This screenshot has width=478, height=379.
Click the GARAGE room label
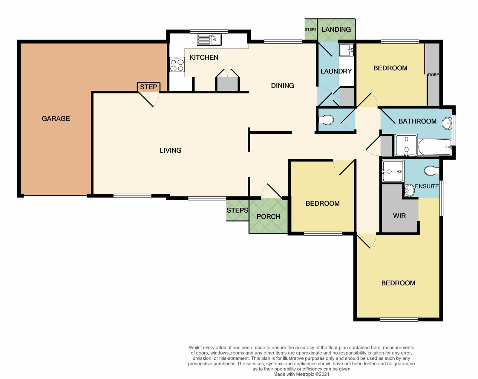point(56,118)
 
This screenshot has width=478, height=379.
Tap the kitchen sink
point(209,40)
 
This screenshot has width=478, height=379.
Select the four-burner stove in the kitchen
point(177,64)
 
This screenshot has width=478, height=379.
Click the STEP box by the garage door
point(148,87)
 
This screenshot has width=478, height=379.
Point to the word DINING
point(283,85)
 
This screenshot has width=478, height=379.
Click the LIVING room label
point(171,150)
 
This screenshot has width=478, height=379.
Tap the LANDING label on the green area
point(336,29)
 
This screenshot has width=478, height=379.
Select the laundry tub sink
point(346,50)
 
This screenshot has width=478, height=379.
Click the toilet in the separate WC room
point(326,120)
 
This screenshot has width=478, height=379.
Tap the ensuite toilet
point(432,171)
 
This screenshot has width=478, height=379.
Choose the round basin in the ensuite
point(410,191)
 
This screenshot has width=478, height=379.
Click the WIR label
point(399,216)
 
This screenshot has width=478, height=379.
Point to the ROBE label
point(433,75)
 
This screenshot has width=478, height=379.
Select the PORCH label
point(268,217)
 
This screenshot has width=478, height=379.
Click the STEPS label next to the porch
point(237,210)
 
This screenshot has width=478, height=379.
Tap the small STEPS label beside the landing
point(310,30)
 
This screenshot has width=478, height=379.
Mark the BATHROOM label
point(417,121)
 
